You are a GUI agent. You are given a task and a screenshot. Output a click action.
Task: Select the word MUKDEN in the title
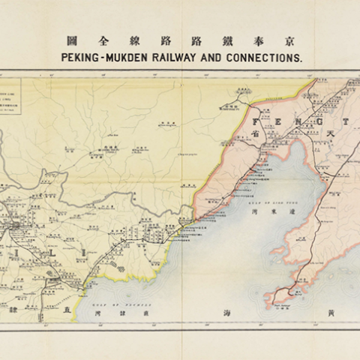[128, 56]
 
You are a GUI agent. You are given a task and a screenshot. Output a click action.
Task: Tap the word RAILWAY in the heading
[182, 56]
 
